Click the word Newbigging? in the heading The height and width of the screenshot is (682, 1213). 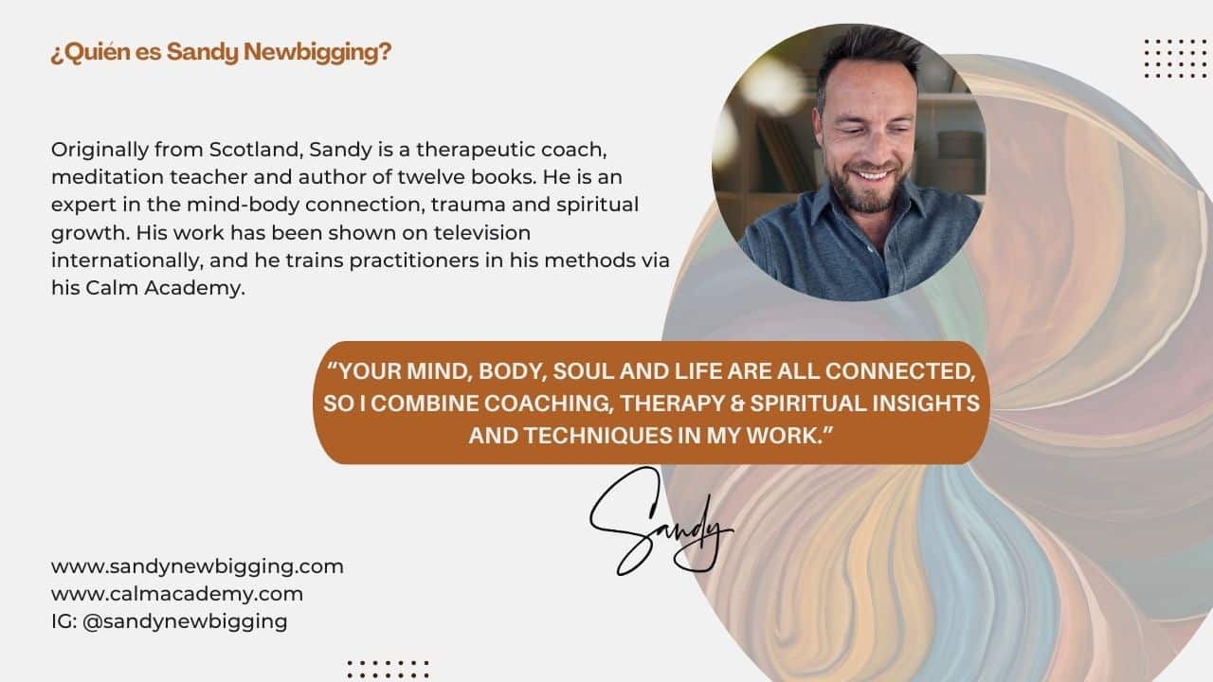click(x=317, y=52)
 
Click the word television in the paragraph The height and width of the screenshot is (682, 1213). click(x=482, y=233)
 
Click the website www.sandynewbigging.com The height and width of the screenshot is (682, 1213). click(x=197, y=567)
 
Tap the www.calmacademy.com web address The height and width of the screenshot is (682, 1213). click(x=177, y=594)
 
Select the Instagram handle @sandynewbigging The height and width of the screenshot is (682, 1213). click(x=185, y=622)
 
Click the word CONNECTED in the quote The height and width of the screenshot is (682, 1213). click(x=900, y=372)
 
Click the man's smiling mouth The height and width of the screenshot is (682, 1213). click(x=872, y=175)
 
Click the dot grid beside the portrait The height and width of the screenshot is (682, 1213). click(x=1175, y=59)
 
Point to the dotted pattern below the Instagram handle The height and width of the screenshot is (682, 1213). click(x=389, y=669)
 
